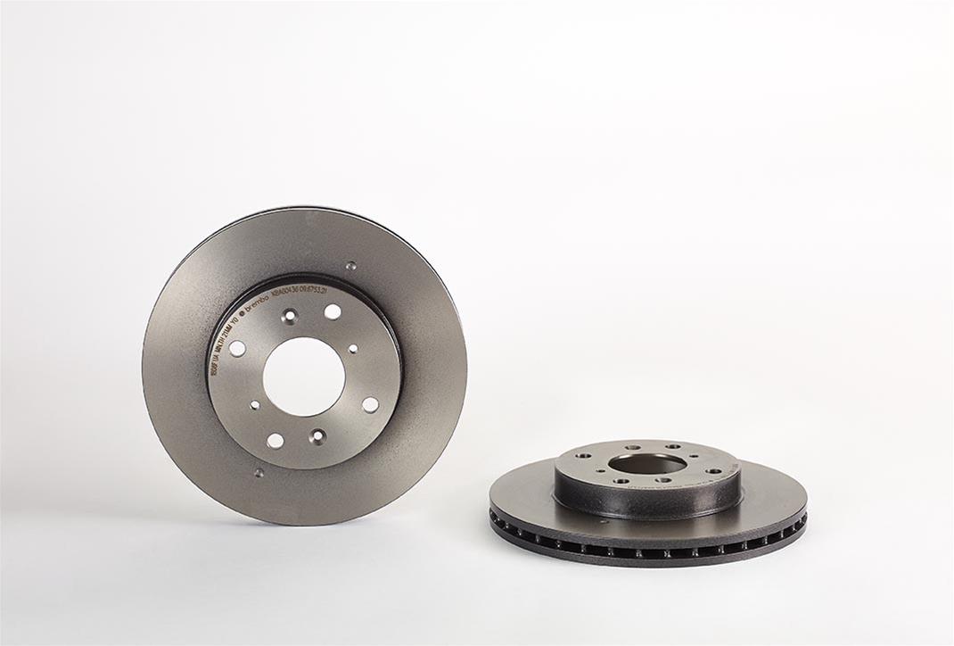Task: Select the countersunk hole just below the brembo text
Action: [289, 316]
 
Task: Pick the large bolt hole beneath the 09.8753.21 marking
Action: [333, 311]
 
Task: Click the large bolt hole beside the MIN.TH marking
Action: [238, 348]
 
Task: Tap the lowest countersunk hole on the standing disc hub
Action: [317, 436]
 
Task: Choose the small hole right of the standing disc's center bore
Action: [353, 349]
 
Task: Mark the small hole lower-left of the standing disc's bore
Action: [255, 404]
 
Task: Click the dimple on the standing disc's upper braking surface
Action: [350, 265]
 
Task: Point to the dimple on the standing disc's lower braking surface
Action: [259, 473]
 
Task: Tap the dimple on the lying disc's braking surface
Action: [604, 520]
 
